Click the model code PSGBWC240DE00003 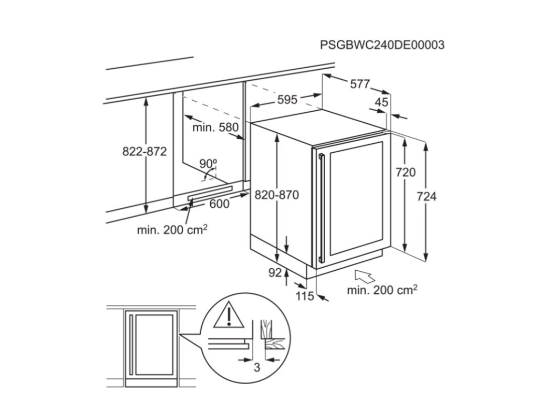382,45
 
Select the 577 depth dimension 360,84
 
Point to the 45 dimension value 381,102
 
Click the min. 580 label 215,128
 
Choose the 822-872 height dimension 144,151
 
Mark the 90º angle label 208,164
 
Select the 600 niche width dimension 219,204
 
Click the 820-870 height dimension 277,195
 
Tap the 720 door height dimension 406,172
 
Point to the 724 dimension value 427,197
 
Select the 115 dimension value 305,296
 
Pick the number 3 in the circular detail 256,368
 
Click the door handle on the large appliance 322,207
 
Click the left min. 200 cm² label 172,229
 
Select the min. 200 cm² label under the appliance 382,290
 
